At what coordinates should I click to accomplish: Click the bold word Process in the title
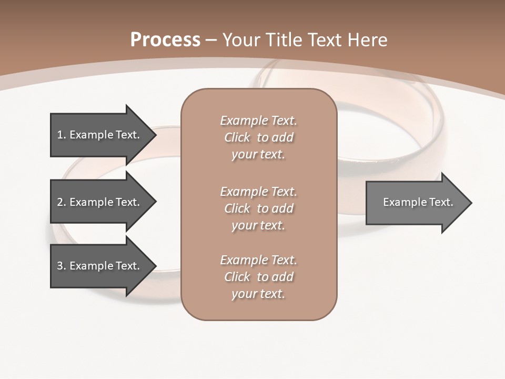165,40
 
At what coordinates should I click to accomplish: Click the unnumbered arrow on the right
416,203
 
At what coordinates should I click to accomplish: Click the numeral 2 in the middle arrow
60,202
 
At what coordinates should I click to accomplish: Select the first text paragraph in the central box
258,137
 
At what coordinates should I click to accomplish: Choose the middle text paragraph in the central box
258,208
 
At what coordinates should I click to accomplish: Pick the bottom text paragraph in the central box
258,277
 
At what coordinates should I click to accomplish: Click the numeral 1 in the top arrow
60,135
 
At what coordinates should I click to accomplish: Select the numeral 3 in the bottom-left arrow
60,266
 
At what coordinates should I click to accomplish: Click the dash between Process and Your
211,41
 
